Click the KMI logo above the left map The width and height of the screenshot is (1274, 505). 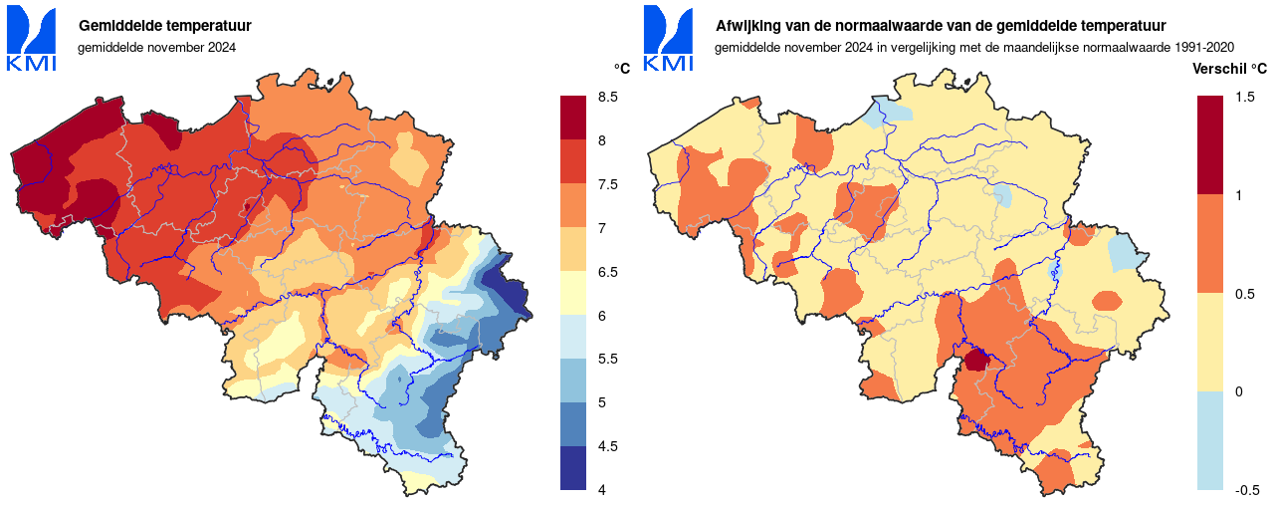(32, 40)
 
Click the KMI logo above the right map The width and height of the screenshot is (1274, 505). (669, 40)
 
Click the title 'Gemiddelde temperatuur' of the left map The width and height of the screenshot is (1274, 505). (164, 25)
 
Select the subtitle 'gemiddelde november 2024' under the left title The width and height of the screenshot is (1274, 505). (157, 47)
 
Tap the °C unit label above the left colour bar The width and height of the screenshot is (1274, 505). (622, 69)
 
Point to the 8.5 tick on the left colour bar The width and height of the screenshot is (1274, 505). (607, 97)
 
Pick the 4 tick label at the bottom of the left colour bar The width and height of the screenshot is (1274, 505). (601, 490)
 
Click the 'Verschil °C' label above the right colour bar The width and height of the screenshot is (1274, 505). (1230, 69)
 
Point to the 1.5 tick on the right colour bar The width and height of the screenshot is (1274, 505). (1244, 97)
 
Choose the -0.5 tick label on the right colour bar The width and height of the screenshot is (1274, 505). (1247, 490)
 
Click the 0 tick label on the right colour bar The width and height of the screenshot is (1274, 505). (1238, 391)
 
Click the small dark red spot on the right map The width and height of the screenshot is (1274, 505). (976, 360)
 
